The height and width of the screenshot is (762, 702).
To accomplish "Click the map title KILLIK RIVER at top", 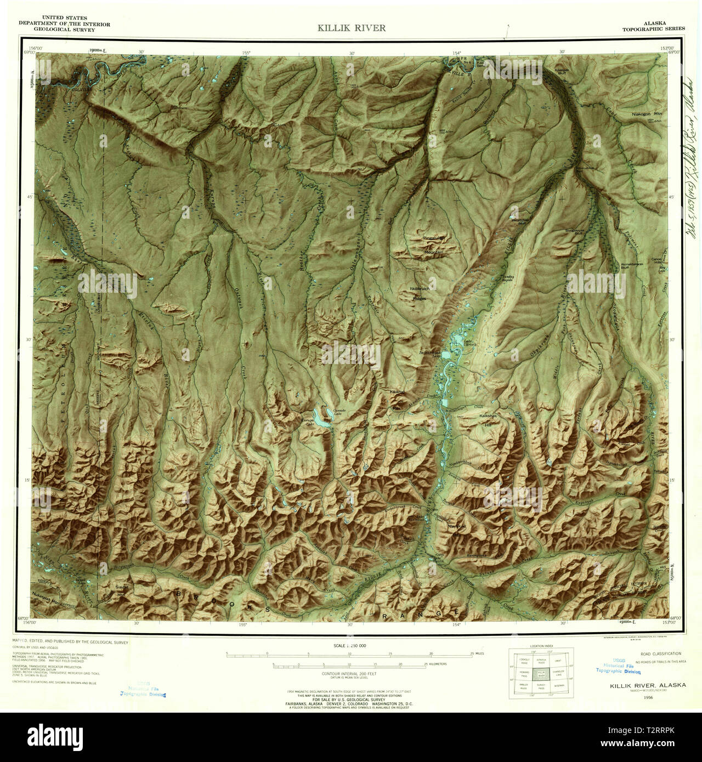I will pos(351,28).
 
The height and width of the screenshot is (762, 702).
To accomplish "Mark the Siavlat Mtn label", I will pos(121,590).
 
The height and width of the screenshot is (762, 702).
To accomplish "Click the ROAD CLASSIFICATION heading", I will pos(660,653).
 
